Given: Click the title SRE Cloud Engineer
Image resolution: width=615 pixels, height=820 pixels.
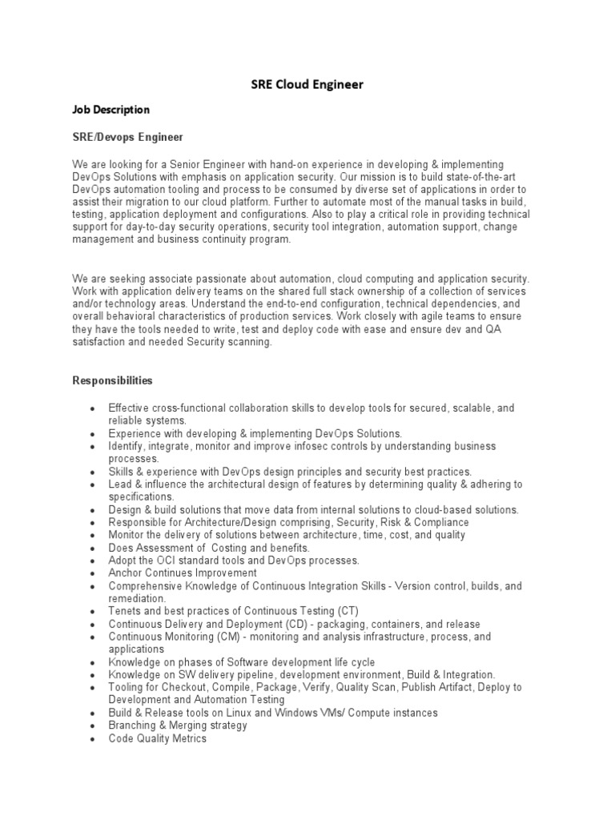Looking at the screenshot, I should click(308, 83).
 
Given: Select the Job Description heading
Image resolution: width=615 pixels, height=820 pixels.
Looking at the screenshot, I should click(111, 109).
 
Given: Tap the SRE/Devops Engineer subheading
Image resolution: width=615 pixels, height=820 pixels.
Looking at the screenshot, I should click(128, 137).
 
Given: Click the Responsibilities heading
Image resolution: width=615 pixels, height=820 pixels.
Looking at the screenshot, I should click(113, 380).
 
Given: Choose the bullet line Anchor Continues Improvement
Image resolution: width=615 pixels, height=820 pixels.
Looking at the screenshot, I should click(183, 573).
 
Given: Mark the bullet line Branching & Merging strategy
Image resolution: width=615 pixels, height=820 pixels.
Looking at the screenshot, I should click(178, 726).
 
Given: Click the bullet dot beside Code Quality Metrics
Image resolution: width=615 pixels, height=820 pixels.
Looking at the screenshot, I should click(94, 739).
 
